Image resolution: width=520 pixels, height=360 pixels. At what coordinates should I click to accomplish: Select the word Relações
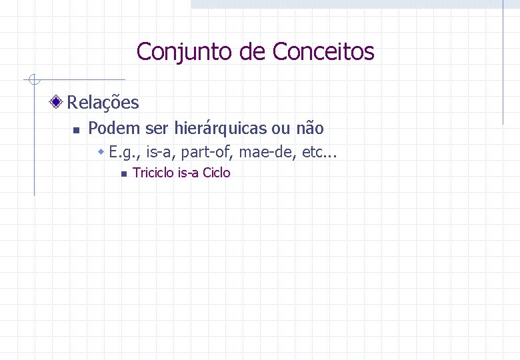coord(103,103)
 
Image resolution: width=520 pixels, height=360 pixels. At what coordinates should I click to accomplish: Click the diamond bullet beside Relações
coord(58,102)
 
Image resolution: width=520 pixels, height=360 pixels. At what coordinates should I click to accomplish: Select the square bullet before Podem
coord(77,129)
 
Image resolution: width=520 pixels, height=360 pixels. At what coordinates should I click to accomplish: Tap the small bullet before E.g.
coord(101,153)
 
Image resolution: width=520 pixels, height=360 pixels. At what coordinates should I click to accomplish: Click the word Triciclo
coord(153,173)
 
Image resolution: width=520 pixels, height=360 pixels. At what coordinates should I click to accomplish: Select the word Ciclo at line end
coord(217,173)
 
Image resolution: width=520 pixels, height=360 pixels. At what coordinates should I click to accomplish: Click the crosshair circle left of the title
coord(34,81)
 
